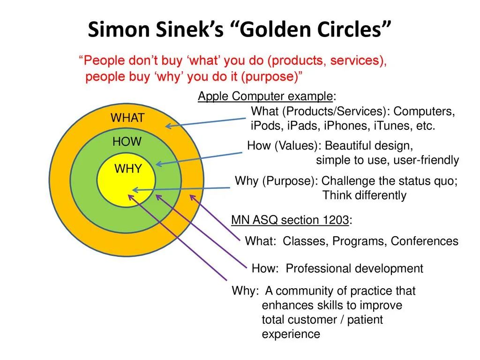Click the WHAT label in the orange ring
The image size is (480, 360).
pos(127,118)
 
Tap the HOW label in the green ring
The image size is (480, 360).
pos(127,142)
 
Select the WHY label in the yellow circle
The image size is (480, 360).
pos(128,169)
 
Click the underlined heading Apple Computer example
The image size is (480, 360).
pos(265,96)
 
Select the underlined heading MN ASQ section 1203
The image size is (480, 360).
pos(290,220)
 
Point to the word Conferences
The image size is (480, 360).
pos(425,241)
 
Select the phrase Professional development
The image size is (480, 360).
pos(354,269)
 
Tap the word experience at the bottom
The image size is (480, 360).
pos(291,334)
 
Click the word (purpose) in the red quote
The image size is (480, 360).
pos(270,76)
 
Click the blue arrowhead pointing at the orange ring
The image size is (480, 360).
pos(168,126)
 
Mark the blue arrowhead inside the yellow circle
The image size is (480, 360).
pos(135,190)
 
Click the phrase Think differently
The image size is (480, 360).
pos(364,195)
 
